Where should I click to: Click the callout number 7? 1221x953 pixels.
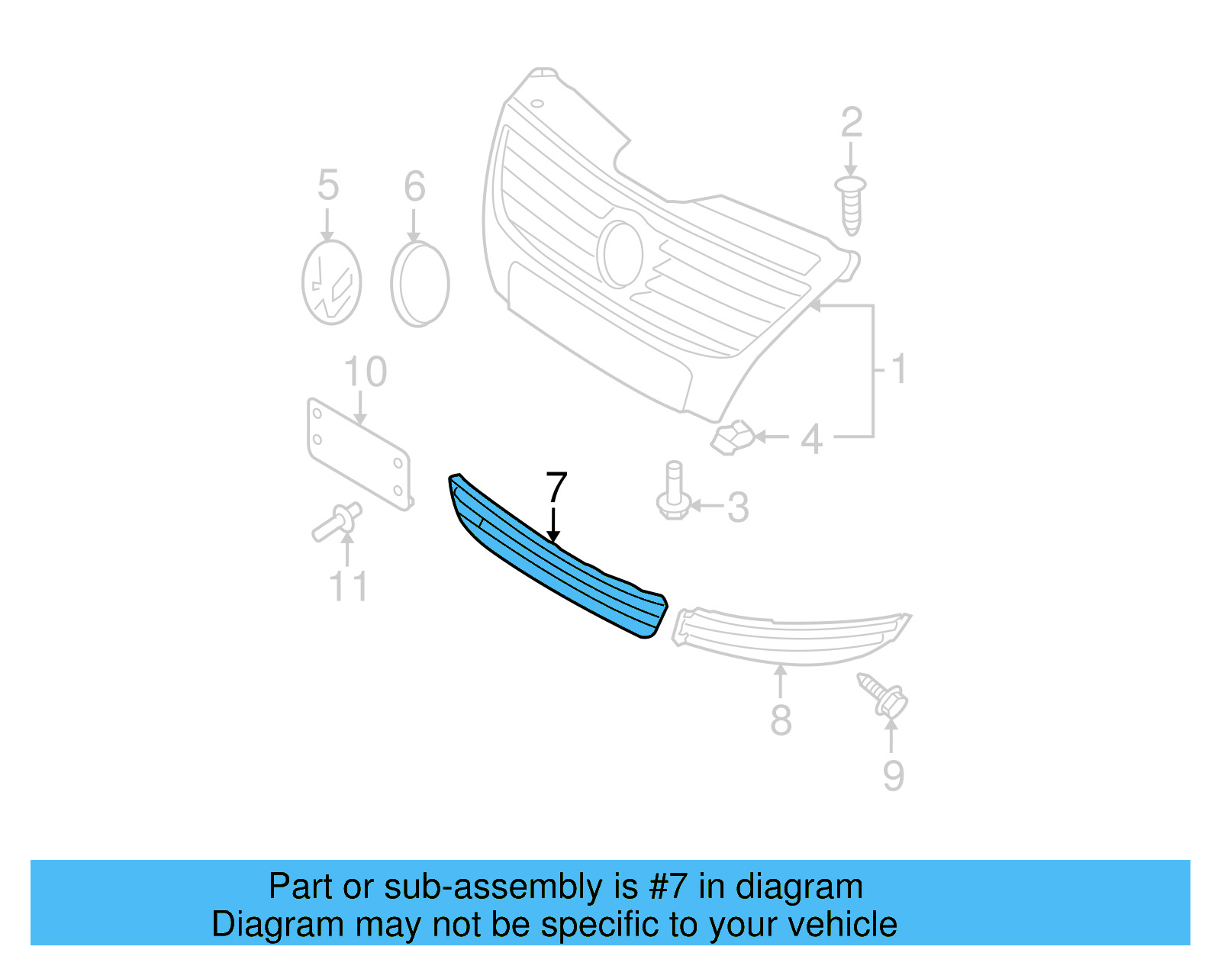pyautogui.click(x=557, y=488)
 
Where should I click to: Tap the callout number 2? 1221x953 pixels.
pyautogui.click(x=852, y=123)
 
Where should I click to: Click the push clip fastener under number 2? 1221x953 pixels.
pyautogui.click(x=851, y=204)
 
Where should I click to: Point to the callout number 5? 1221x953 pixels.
pyautogui.click(x=328, y=185)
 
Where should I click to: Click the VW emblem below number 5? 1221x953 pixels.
pyautogui.click(x=331, y=282)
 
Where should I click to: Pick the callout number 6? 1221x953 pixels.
pyautogui.click(x=414, y=186)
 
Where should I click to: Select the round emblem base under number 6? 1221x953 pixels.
pyautogui.click(x=420, y=284)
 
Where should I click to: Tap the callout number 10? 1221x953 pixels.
pyautogui.click(x=366, y=372)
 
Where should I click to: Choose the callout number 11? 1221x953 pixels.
pyautogui.click(x=348, y=586)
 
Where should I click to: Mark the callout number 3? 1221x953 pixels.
pyautogui.click(x=738, y=507)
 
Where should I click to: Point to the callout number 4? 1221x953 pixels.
pyautogui.click(x=812, y=439)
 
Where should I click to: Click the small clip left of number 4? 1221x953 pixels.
pyautogui.click(x=732, y=438)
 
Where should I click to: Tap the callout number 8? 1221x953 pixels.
pyautogui.click(x=781, y=720)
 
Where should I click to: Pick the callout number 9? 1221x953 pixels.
pyautogui.click(x=894, y=775)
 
